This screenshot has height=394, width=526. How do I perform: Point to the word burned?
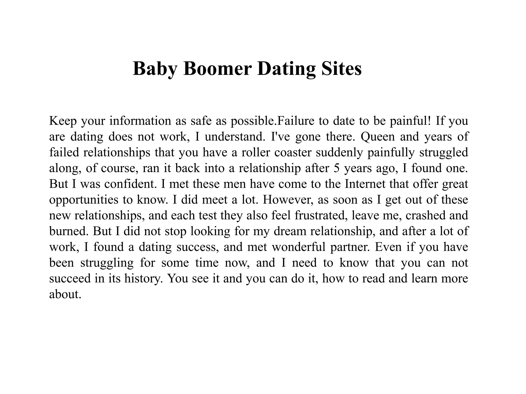(x=69, y=231)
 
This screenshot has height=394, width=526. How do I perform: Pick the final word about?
(x=65, y=294)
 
